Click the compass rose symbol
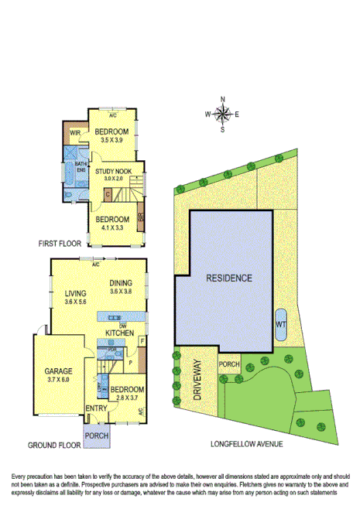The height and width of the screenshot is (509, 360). tap(222, 114)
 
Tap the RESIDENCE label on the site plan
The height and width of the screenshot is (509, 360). tap(228, 277)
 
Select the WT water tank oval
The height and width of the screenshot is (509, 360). tap(280, 325)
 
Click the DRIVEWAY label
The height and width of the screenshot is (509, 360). tap(197, 380)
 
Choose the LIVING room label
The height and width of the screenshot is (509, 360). tap(65, 293)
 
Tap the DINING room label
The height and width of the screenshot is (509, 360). tap(122, 283)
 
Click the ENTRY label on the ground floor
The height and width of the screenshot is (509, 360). tap(97, 408)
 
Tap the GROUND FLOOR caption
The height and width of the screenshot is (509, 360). tap(54, 446)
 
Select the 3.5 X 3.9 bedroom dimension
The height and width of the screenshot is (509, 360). tap(112, 142)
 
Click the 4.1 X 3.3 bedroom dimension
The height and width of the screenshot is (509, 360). tap(112, 228)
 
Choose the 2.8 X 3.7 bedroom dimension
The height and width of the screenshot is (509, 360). tap(126, 397)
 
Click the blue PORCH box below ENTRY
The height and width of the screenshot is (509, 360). tap(97, 436)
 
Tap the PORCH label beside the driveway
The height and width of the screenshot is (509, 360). tap(229, 364)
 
